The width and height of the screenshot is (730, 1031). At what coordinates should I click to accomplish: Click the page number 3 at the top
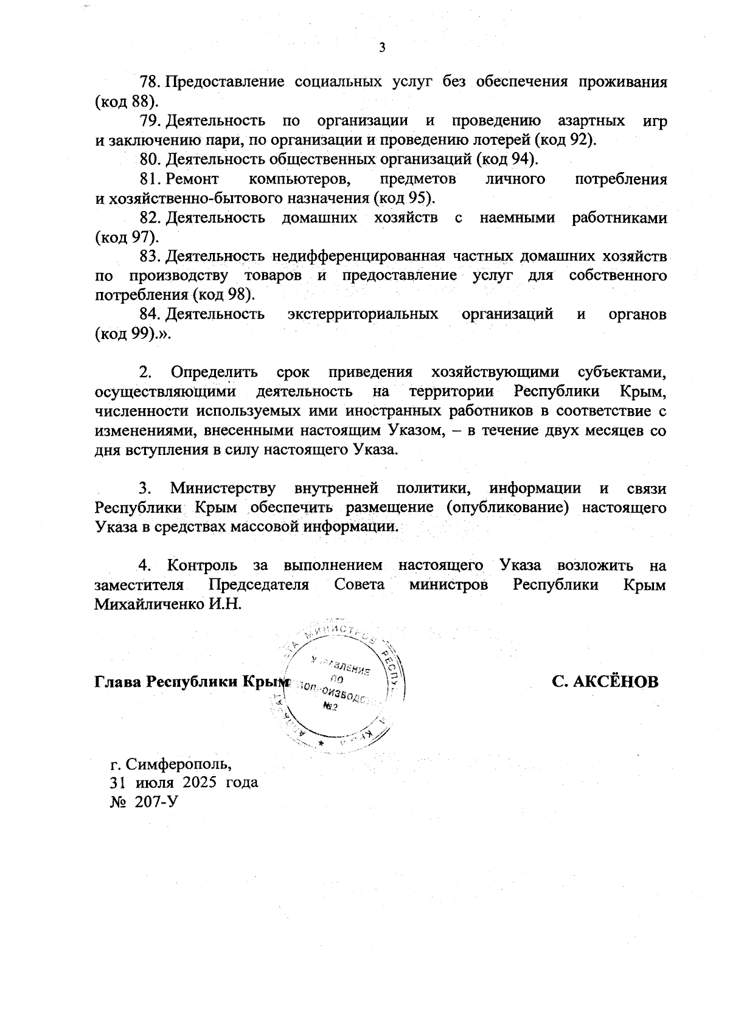[382, 48]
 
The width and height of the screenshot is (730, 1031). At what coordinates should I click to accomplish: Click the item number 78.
[149, 82]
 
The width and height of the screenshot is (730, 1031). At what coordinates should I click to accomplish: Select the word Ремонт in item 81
[192, 179]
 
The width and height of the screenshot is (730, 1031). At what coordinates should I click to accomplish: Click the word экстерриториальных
[363, 314]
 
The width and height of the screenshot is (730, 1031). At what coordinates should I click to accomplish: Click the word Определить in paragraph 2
[214, 372]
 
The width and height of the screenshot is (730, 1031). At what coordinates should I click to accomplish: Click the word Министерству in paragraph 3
[223, 488]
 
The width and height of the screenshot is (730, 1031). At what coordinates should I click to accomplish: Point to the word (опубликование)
[507, 508]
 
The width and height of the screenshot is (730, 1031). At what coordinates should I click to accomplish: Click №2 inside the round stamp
[331, 707]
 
